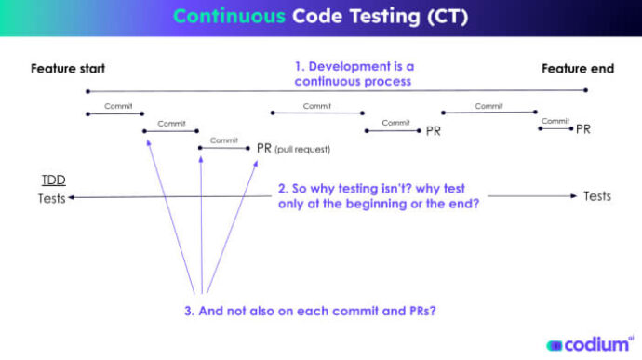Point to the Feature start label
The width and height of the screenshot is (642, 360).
(x=68, y=69)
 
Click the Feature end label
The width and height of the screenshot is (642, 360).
(x=578, y=69)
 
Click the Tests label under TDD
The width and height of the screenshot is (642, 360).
(x=52, y=198)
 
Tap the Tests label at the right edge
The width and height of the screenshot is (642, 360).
(x=597, y=196)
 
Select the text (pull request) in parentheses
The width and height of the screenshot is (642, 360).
(x=302, y=149)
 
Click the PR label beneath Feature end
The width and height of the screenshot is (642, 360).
(x=583, y=129)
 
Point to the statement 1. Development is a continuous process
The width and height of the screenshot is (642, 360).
(x=354, y=74)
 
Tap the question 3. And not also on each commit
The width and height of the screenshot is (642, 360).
(x=311, y=311)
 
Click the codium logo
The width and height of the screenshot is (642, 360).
(x=589, y=343)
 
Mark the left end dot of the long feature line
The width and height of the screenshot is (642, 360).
(x=87, y=91)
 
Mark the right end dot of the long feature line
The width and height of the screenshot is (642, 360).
(x=586, y=91)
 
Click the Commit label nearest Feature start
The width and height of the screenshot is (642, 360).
(x=118, y=106)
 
